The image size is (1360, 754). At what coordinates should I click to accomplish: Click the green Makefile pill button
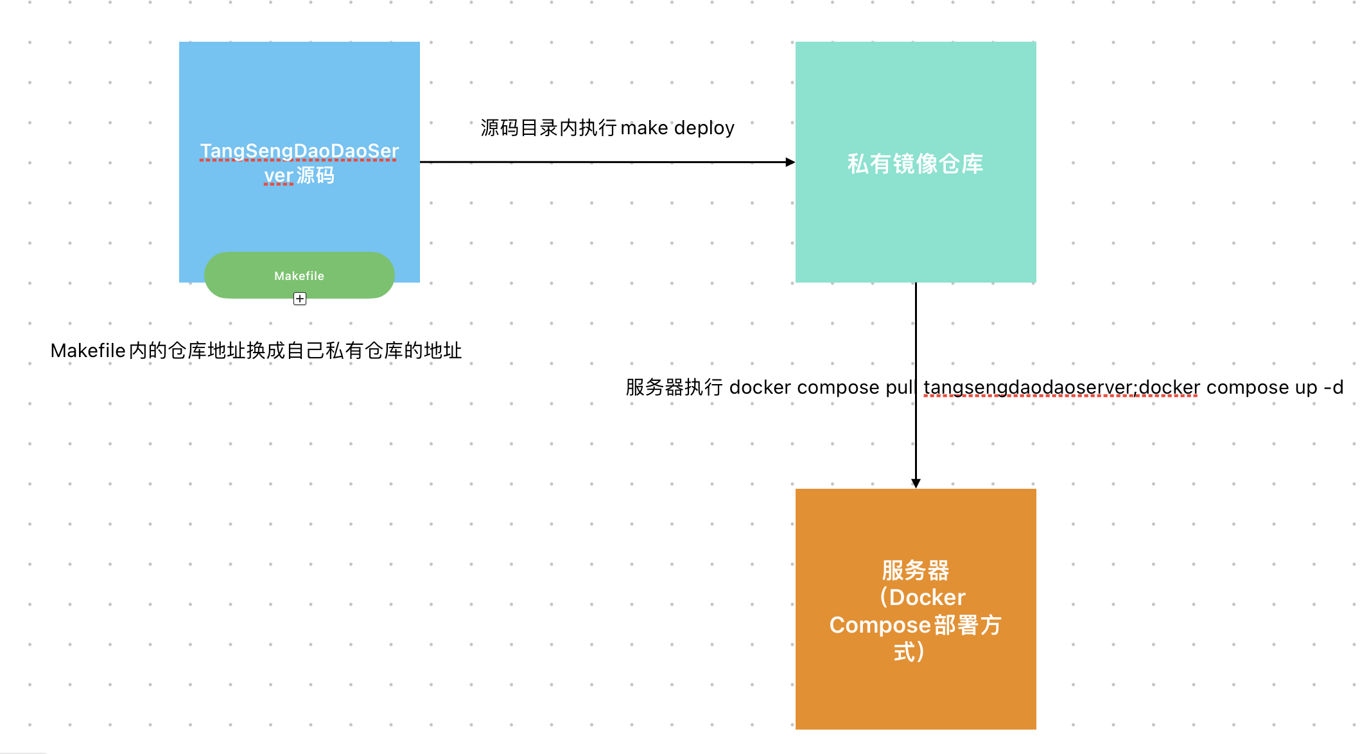pyautogui.click(x=299, y=276)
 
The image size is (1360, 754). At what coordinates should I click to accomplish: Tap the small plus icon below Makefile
pyautogui.click(x=300, y=299)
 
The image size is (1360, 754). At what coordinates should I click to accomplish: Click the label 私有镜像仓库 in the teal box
pyautogui.click(x=915, y=164)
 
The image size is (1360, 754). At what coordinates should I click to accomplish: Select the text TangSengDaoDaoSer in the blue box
pyautogui.click(x=299, y=151)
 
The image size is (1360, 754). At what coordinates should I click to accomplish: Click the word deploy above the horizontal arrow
pyautogui.click(x=704, y=128)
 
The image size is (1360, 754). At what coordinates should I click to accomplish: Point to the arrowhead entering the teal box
pyautogui.click(x=790, y=162)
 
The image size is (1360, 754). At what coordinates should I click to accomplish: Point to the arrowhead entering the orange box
pyautogui.click(x=916, y=483)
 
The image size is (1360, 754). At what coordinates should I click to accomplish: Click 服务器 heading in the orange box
pyautogui.click(x=915, y=570)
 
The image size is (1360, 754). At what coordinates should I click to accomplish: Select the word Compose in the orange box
pyautogui.click(x=879, y=625)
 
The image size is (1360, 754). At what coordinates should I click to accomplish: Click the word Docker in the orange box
pyautogui.click(x=927, y=597)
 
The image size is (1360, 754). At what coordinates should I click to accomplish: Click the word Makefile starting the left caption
pyautogui.click(x=88, y=351)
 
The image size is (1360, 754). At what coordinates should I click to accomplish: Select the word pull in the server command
pyautogui.click(x=900, y=387)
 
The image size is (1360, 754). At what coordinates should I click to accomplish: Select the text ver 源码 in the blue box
pyautogui.click(x=299, y=175)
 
